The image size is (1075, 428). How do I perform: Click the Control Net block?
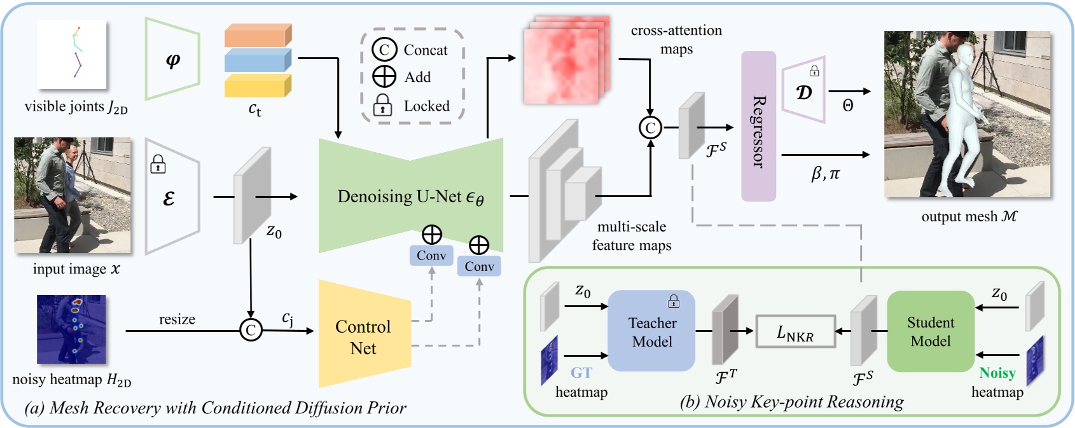coord(363,336)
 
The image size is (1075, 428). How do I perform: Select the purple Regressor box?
coord(758,127)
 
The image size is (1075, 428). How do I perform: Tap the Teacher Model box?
coord(651,332)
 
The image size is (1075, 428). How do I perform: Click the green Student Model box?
coord(930,332)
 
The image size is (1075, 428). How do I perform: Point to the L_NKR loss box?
coord(795,332)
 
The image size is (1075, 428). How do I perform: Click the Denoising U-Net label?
coord(410,197)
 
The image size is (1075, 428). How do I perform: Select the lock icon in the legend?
coord(382,106)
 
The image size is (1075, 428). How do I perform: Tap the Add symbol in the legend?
coord(384,76)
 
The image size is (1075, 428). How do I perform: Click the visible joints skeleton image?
coord(71,55)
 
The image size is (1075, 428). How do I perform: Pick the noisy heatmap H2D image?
coord(71,329)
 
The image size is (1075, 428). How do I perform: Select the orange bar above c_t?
coord(258,36)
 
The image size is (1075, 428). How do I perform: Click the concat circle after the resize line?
coord(251,330)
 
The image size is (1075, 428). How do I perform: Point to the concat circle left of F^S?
coord(650,128)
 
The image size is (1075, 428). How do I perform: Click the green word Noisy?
coord(997,373)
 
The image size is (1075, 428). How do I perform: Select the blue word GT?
coord(581,373)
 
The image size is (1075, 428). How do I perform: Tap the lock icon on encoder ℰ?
coord(158,165)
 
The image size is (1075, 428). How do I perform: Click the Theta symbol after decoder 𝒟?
coord(848,106)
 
